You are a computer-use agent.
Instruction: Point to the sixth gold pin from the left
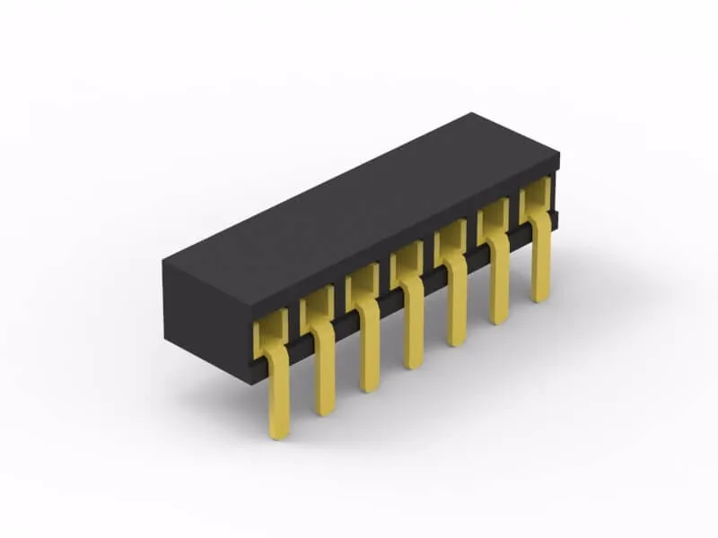tap(499, 282)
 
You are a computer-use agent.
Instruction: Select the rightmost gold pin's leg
tap(540, 260)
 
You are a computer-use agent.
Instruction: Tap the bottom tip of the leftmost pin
tap(279, 435)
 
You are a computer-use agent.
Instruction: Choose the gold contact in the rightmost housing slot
tap(535, 195)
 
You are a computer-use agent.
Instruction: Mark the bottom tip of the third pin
tap(369, 388)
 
